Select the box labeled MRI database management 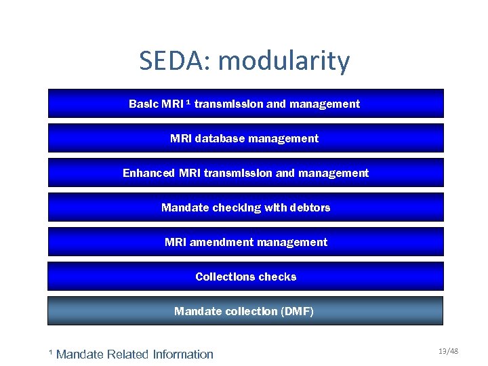click(245, 138)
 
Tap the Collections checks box click(245, 277)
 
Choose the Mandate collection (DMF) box click(245, 311)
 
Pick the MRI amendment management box click(245, 242)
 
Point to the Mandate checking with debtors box click(245, 207)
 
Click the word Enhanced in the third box click(149, 173)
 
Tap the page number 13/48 click(448, 351)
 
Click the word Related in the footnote click(128, 354)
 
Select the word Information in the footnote click(182, 354)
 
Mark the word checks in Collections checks click(277, 277)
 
